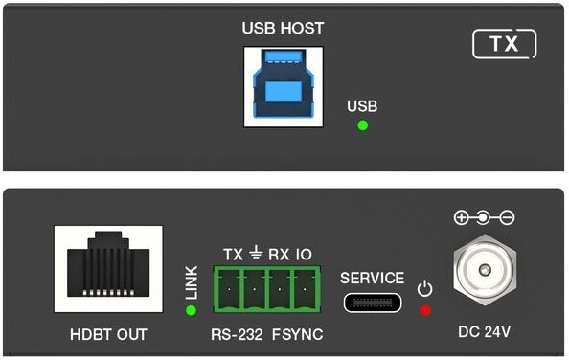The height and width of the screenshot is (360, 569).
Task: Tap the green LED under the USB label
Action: (362, 125)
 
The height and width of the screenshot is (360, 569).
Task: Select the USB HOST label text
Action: (283, 29)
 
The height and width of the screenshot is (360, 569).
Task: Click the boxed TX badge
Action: (505, 44)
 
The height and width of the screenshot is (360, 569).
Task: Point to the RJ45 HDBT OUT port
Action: (108, 269)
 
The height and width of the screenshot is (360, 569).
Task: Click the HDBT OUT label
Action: (108, 334)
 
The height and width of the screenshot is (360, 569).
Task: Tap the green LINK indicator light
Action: (191, 310)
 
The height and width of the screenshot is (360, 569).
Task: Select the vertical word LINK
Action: (192, 282)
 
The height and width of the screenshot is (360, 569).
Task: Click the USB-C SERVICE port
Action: (373, 303)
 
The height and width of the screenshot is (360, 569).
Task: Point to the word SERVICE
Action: (372, 278)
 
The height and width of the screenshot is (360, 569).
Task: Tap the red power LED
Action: (425, 310)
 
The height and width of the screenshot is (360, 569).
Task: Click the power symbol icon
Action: (424, 288)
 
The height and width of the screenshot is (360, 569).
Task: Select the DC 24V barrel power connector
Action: (485, 270)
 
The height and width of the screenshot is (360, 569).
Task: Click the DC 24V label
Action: (484, 331)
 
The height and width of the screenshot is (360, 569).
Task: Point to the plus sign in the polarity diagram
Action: (461, 218)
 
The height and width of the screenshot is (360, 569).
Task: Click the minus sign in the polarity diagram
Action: (507, 218)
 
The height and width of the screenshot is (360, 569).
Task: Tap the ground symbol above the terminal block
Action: (256, 253)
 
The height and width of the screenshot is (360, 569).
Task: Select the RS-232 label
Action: (237, 334)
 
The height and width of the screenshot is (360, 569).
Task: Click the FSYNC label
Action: (298, 334)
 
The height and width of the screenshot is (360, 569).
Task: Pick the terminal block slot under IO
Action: (305, 290)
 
